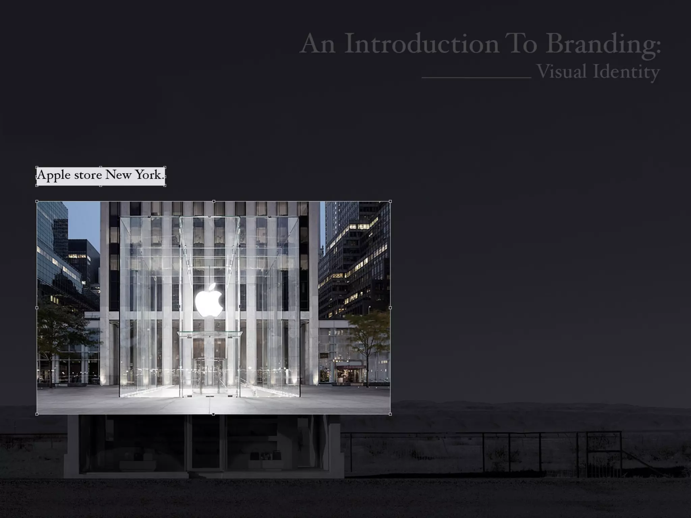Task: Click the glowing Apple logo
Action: pyautogui.click(x=209, y=300)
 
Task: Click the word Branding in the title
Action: pyautogui.click(x=603, y=44)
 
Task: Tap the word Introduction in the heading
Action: pyautogui.click(x=421, y=44)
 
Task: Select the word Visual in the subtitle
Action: pyautogui.click(x=561, y=71)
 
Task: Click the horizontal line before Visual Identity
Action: pyautogui.click(x=476, y=78)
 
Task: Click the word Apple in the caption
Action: pyautogui.click(x=54, y=175)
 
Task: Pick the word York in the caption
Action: pyautogui.click(x=148, y=175)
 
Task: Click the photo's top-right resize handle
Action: pyautogui.click(x=390, y=201)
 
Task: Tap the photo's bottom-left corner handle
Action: pyautogui.click(x=37, y=414)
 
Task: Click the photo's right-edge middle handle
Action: pyautogui.click(x=390, y=308)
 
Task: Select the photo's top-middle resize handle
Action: pyautogui.click(x=214, y=201)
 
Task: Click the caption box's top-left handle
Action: pyautogui.click(x=37, y=167)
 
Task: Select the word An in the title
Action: pyautogui.click(x=317, y=44)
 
